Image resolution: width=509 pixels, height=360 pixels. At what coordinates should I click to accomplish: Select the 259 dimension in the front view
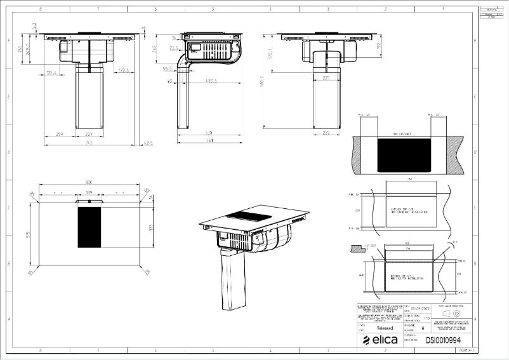pos(60,133)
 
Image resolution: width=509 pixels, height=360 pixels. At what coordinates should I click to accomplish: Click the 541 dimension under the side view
pos(209,141)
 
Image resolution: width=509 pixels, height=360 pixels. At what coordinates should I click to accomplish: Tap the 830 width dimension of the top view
pos(89,183)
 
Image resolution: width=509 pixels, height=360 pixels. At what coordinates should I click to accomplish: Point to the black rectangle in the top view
pos(89,227)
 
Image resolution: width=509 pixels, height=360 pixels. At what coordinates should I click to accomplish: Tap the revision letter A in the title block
pos(432,328)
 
